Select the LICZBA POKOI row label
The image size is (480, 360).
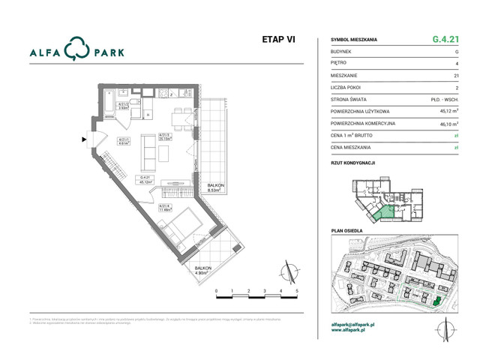click(x=347, y=87)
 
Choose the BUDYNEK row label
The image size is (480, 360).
click(x=342, y=51)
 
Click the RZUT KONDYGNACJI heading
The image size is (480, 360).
click(x=352, y=162)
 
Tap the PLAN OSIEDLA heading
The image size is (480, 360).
click(x=346, y=231)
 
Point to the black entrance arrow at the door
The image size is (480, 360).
click(x=85, y=138)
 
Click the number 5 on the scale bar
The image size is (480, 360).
click(x=298, y=289)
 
